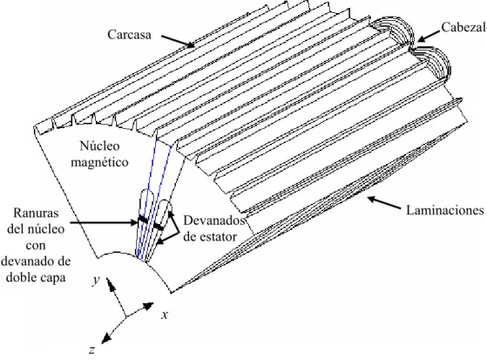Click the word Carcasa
[129, 34]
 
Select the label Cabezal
[464, 27]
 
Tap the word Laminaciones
[445, 210]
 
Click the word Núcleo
[99, 146]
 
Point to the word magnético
[99, 162]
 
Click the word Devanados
[214, 221]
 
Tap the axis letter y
[96, 281]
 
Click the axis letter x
[165, 316]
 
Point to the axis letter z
[91, 350]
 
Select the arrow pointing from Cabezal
[429, 36]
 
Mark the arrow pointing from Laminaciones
[384, 203]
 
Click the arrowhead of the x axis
[149, 306]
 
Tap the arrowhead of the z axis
[106, 338]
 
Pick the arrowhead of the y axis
[110, 283]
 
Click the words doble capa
[36, 277]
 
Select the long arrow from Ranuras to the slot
[105, 222]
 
